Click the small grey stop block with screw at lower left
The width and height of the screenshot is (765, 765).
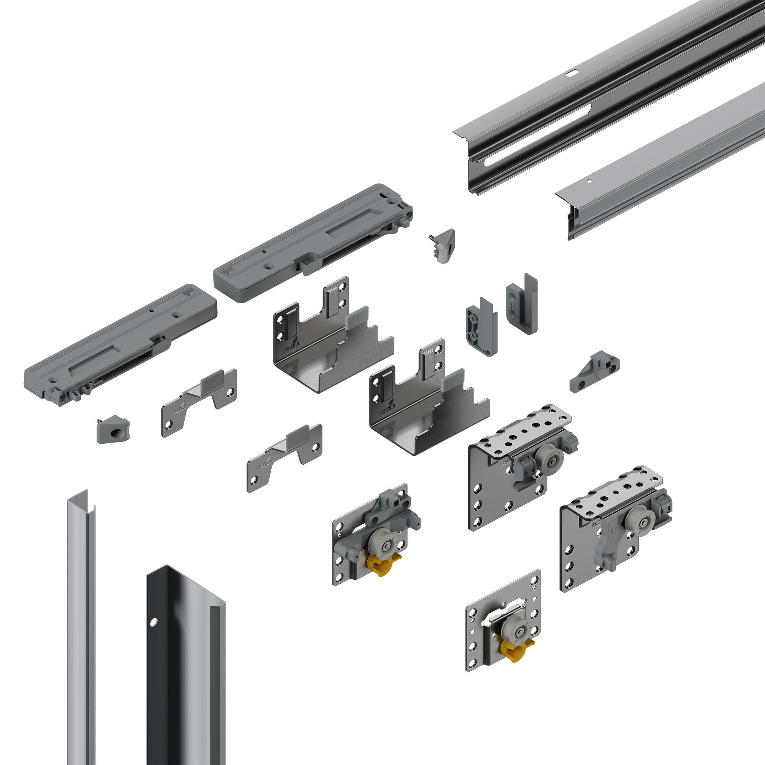(x=113, y=429)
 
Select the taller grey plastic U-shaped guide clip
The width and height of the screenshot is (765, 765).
(x=522, y=304)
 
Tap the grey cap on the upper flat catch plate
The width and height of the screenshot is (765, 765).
(x=213, y=380)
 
